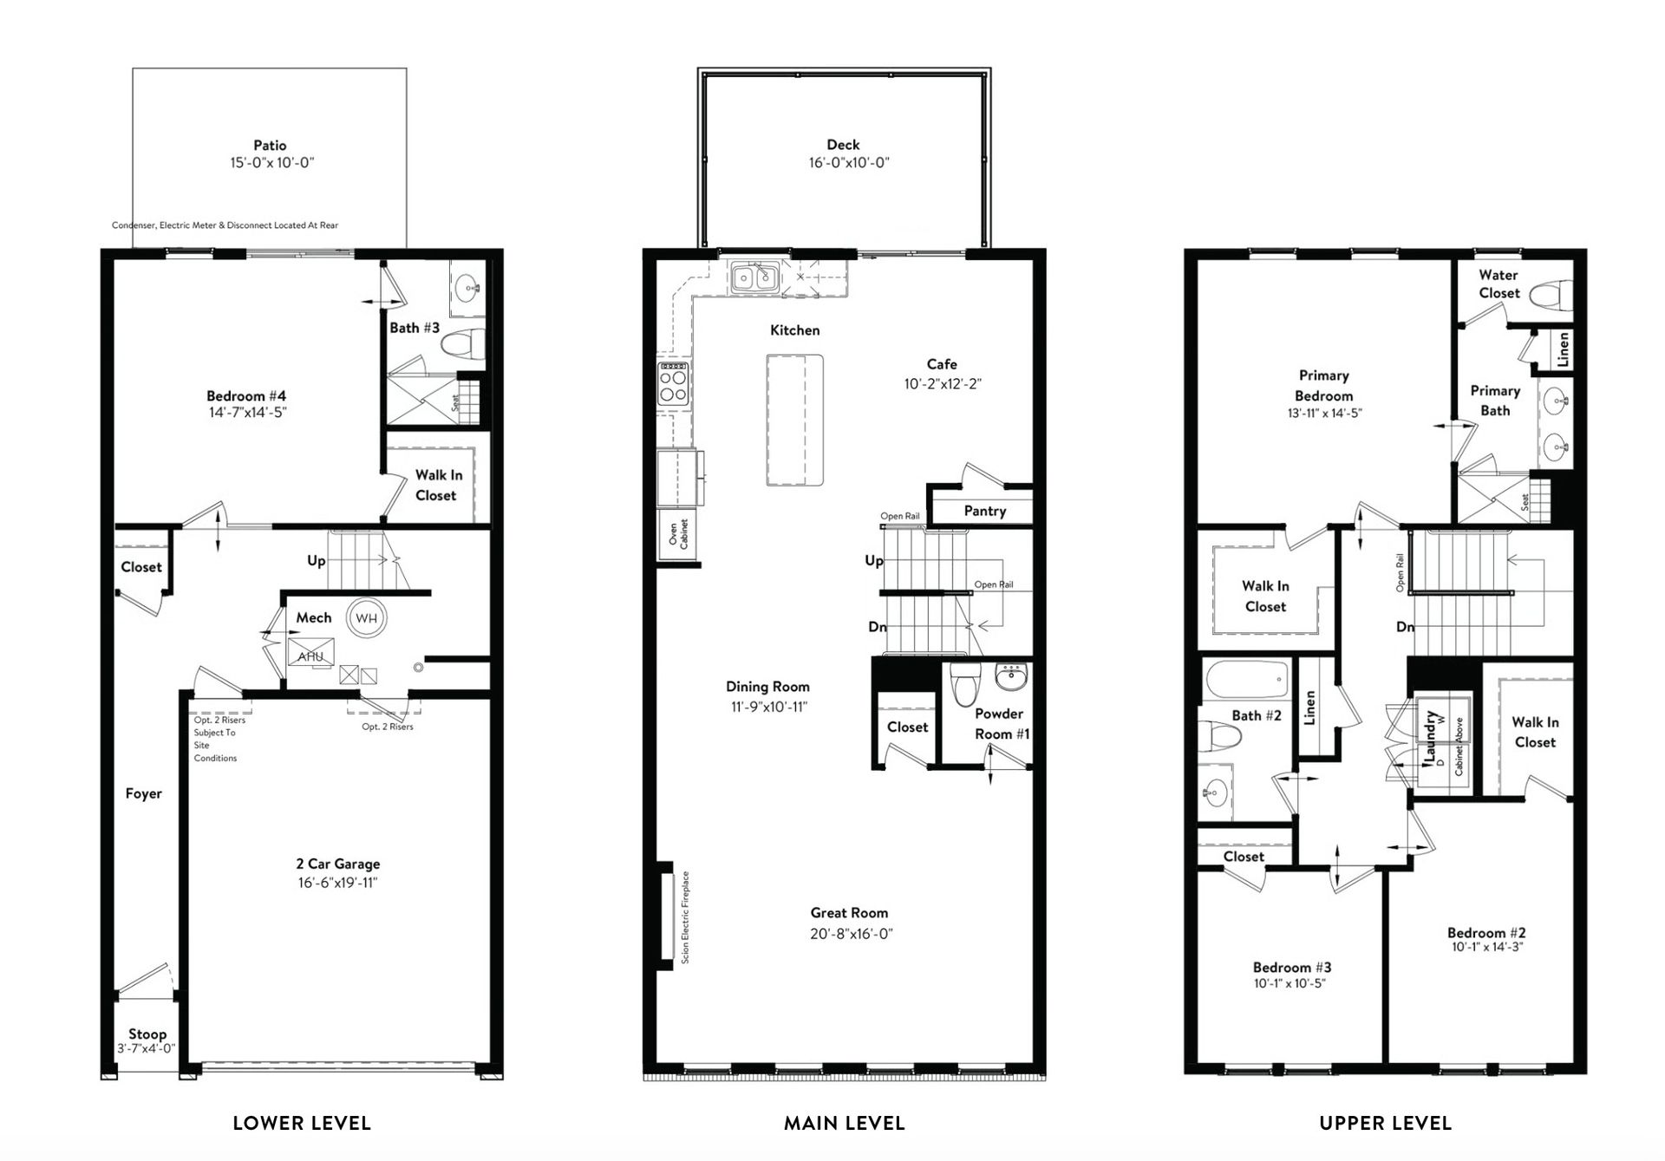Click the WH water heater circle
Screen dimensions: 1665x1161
click(x=367, y=618)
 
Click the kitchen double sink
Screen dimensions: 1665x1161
click(x=753, y=277)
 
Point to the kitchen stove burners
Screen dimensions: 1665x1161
click(x=674, y=385)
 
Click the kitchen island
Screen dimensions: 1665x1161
click(x=794, y=420)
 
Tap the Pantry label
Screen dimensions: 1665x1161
click(x=985, y=511)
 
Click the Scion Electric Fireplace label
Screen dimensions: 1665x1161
click(x=685, y=917)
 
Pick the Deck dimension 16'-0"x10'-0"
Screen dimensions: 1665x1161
click(x=850, y=162)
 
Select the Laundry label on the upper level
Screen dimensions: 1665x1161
click(x=1430, y=738)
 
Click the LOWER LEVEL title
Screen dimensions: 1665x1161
click(x=302, y=1124)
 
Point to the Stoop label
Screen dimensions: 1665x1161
click(x=147, y=1034)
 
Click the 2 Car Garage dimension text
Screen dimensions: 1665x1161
click(x=338, y=883)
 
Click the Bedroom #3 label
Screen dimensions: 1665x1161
click(x=1292, y=967)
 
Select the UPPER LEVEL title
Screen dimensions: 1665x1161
click(x=1385, y=1124)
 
